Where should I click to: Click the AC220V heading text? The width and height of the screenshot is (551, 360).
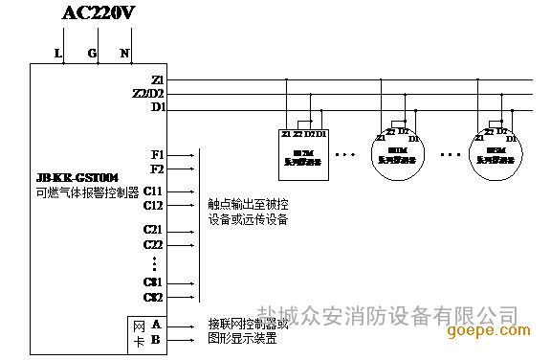coord(98,12)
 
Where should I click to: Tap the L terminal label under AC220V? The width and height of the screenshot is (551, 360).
coord(58,54)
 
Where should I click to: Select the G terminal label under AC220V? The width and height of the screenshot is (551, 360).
coord(92,54)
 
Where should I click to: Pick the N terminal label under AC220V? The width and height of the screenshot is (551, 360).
coord(124,54)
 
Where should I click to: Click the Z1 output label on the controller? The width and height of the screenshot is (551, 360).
coord(159,79)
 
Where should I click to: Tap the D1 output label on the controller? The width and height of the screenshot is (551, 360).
coord(159,107)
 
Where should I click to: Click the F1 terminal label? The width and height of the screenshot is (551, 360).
coord(158,153)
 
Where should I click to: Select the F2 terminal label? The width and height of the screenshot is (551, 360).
coord(158,169)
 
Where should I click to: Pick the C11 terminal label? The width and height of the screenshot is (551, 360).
coord(154,191)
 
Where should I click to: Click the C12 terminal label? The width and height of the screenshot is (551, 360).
coord(154,205)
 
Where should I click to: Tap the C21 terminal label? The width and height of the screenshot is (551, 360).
coord(154,231)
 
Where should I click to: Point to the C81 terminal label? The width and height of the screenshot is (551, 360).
coord(154,281)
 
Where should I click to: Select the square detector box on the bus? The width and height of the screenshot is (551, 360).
coord(304,147)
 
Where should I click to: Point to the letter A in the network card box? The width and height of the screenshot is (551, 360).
coord(156,325)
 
